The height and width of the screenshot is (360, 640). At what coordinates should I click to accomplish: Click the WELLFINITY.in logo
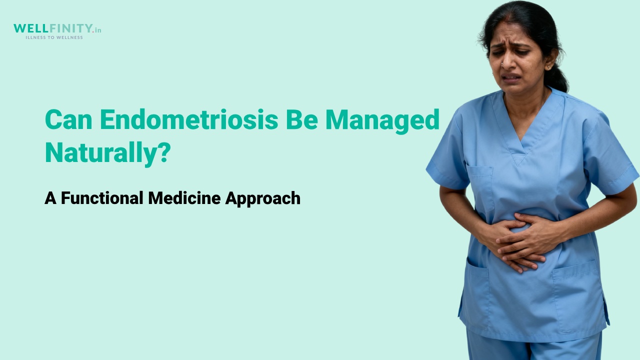(57, 28)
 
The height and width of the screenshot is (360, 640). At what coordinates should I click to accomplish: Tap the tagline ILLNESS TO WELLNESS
(54, 37)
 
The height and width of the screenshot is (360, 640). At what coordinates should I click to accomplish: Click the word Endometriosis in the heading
(189, 119)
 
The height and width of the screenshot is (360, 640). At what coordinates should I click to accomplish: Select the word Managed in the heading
(382, 121)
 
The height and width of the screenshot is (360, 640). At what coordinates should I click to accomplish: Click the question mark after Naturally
(164, 151)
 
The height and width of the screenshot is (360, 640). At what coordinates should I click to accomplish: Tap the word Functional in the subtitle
(102, 197)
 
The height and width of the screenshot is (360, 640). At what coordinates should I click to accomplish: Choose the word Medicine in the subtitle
(184, 197)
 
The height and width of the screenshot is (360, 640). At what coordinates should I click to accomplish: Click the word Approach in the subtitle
(263, 198)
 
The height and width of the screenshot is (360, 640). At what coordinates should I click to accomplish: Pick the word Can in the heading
(68, 120)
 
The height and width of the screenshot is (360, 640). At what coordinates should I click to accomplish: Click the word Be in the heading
(302, 119)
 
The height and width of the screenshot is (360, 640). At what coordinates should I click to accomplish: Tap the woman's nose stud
(502, 63)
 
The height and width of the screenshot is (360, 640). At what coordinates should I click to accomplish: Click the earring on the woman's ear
(548, 67)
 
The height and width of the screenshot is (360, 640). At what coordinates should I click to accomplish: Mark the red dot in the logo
(93, 31)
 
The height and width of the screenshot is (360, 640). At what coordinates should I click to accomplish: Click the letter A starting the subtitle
(50, 198)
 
